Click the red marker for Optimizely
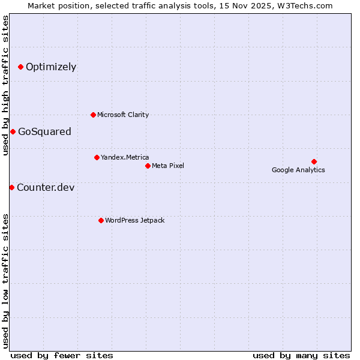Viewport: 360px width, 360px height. tap(20, 67)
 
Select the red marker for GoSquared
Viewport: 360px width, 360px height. tap(13, 131)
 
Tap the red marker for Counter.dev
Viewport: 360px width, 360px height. tap(11, 187)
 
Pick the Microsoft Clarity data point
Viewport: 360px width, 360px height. tap(93, 115)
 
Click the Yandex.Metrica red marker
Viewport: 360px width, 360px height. tap(97, 157)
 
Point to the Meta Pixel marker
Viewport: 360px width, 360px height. tap(148, 166)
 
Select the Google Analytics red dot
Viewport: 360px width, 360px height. tap(314, 161)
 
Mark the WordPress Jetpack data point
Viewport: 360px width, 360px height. tap(101, 220)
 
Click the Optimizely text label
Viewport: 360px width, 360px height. tap(51, 67)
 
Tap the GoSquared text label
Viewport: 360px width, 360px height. tap(44, 131)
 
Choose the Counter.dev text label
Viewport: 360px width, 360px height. tap(46, 187)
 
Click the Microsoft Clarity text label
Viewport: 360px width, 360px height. tap(123, 115)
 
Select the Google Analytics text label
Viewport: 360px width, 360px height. tap(298, 170)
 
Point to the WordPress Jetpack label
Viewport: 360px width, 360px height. tap(134, 220)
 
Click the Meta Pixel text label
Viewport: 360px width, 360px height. tap(168, 166)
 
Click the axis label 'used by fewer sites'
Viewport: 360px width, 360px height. tap(62, 355)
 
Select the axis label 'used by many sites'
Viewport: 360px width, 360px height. tap(301, 355)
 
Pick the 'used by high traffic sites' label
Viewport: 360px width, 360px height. tap(5, 85)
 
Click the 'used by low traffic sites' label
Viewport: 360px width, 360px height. tap(5, 281)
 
